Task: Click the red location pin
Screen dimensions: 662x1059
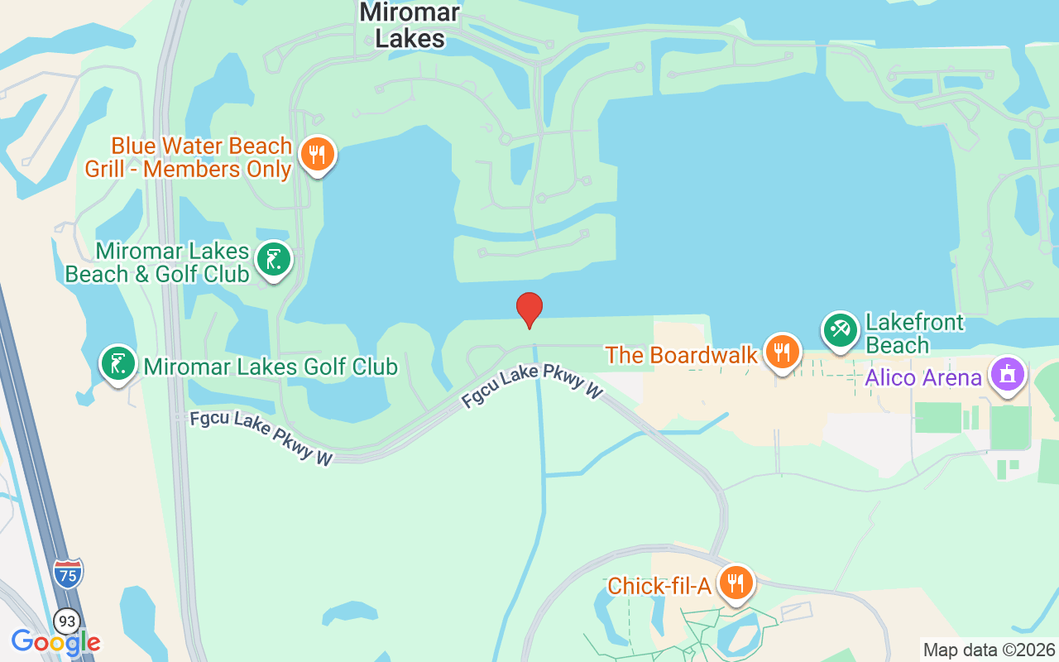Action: tap(529, 309)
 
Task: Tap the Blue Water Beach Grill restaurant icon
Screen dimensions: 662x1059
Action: tap(317, 154)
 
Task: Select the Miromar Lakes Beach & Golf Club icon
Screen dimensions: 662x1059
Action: tap(274, 260)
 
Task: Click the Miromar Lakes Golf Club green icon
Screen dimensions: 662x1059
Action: tap(118, 363)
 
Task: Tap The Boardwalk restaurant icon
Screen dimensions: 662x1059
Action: tap(780, 352)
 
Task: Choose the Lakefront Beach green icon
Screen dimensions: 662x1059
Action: tap(841, 330)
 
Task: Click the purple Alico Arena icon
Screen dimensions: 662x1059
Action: tap(1007, 375)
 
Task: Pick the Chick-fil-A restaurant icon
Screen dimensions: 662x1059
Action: tap(734, 583)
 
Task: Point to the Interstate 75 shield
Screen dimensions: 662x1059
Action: tap(68, 573)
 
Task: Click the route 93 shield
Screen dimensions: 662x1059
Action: tap(67, 620)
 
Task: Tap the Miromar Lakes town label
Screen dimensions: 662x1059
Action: tap(410, 25)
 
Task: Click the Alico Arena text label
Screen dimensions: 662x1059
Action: tap(923, 378)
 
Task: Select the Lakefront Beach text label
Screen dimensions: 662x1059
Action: tap(913, 333)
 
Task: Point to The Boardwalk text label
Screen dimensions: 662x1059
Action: tap(681, 355)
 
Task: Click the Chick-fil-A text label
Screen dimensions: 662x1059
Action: tap(659, 586)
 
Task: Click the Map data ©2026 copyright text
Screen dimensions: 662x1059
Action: tap(989, 650)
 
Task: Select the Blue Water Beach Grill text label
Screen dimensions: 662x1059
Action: tap(189, 157)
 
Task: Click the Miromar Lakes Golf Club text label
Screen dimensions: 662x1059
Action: tap(271, 366)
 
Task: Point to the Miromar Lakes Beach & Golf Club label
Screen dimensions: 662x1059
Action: tap(157, 262)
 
